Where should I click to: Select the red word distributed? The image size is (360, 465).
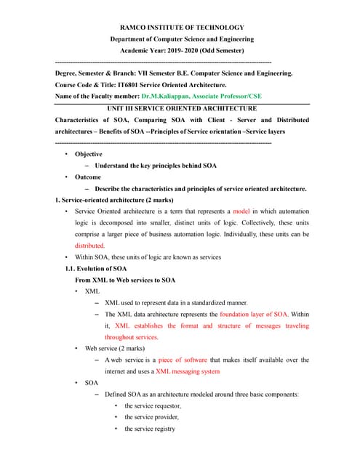click(89, 246)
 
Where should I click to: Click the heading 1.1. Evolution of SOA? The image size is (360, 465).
click(96, 269)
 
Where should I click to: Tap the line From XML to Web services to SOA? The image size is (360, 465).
click(125, 280)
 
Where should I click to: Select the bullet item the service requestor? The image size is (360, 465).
click(153, 405)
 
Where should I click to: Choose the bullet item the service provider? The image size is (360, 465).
click(151, 417)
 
